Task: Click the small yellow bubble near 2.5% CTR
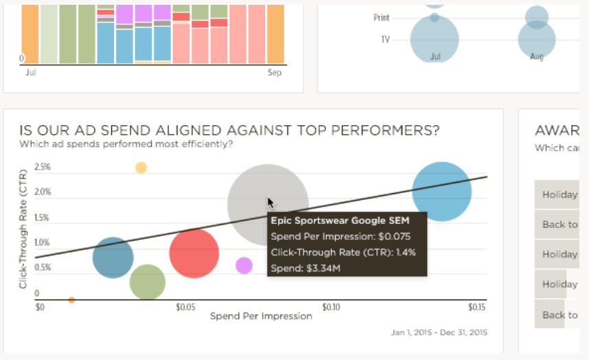(x=141, y=168)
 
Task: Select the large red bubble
(x=194, y=253)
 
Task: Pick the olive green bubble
(x=148, y=282)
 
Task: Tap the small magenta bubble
(x=244, y=265)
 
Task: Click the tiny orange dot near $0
(x=71, y=300)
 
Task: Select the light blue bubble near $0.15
(x=441, y=192)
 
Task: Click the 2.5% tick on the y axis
(x=43, y=167)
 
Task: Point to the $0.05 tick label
(x=186, y=306)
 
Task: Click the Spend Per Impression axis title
(x=260, y=316)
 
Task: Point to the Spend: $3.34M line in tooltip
(x=305, y=267)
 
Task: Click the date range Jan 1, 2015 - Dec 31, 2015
(x=439, y=333)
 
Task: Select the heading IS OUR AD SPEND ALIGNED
(x=229, y=131)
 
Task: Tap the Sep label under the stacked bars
(x=275, y=72)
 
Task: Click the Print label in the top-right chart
(x=382, y=17)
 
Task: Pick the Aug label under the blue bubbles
(x=537, y=56)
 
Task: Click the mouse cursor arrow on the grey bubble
(x=270, y=202)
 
